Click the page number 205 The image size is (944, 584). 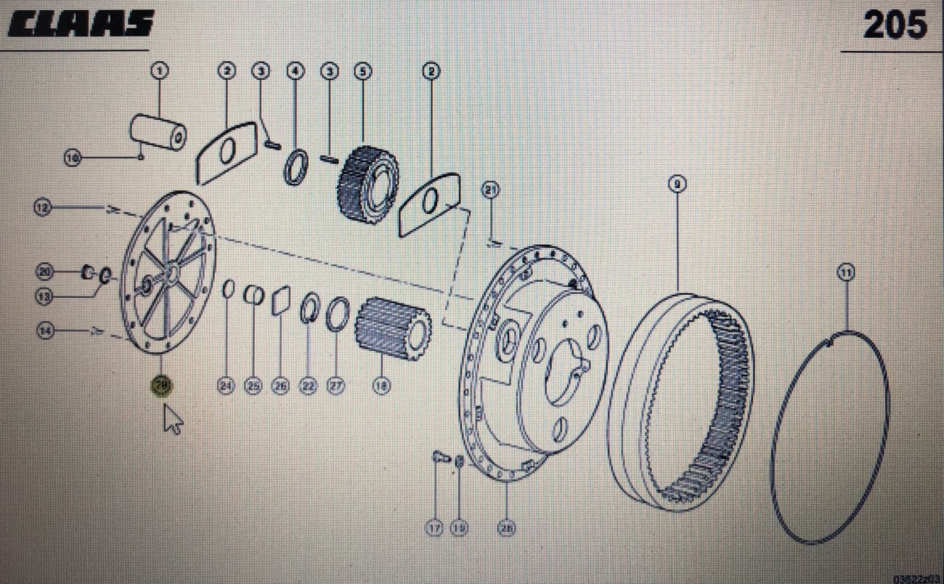895,27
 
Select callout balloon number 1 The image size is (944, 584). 159,70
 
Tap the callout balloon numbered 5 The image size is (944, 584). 362,71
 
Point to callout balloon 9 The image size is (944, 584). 676,184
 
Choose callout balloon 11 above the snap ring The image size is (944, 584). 846,272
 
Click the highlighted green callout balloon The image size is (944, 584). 161,386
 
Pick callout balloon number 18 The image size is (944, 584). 381,386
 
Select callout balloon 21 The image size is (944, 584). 492,190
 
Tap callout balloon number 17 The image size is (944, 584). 434,529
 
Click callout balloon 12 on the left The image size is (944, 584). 44,208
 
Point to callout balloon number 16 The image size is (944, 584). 72,157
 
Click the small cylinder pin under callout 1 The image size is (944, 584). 158,132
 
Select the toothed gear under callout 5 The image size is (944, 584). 367,184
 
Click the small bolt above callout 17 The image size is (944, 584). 437,458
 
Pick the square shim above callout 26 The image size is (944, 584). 281,300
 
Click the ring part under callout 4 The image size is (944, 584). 296,167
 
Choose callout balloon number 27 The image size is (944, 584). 335,386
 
